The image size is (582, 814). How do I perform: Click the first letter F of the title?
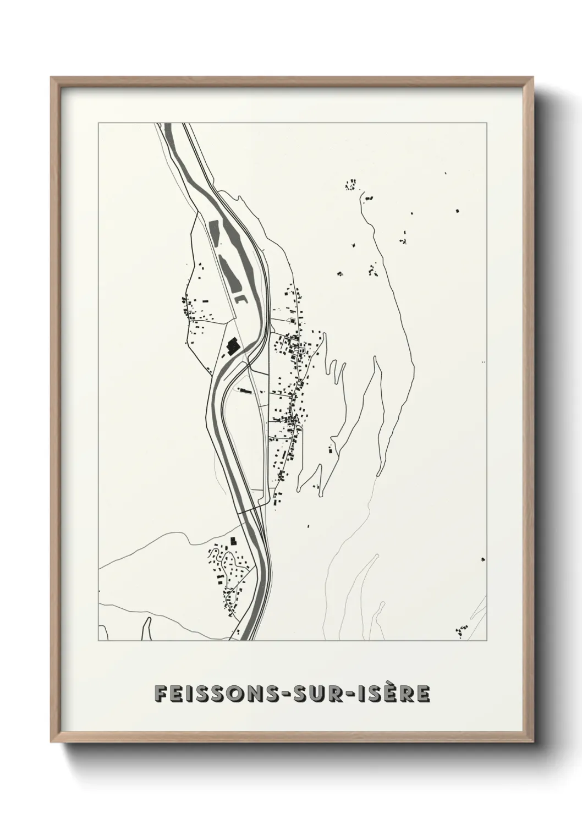click(160, 694)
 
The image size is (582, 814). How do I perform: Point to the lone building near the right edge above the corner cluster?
click(482, 559)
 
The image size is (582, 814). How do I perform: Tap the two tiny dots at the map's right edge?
click(483, 362)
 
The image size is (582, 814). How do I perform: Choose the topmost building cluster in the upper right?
click(350, 184)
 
